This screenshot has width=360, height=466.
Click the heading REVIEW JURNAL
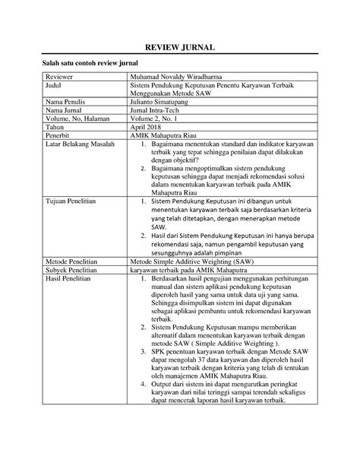click(179, 48)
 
